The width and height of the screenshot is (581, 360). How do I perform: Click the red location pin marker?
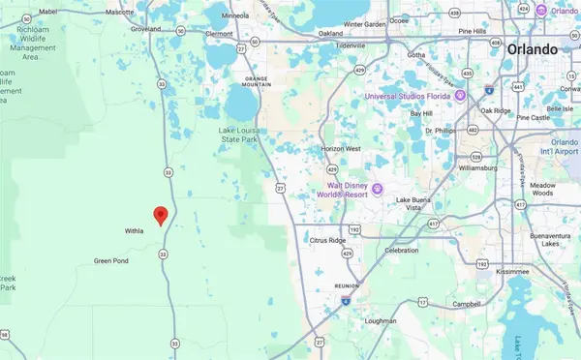[x=162, y=215]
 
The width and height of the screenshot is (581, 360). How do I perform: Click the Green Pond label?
[x=110, y=260]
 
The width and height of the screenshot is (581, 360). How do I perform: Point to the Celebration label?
[x=402, y=250]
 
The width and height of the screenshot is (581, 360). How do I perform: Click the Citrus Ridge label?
[x=326, y=239]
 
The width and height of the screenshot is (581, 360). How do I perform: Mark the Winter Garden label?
[x=364, y=23]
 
